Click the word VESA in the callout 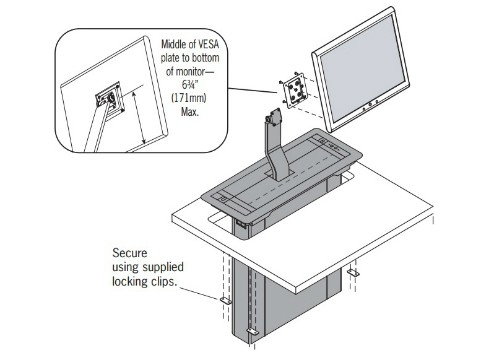click(x=208, y=44)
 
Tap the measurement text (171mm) click(x=189, y=98)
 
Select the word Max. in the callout click(x=190, y=112)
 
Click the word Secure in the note click(x=130, y=253)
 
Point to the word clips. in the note click(x=164, y=282)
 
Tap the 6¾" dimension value click(x=190, y=84)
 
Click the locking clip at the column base click(x=252, y=332)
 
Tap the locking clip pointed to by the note click(x=226, y=300)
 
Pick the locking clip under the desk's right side click(x=353, y=273)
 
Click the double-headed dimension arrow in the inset click(x=139, y=118)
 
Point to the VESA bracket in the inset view click(x=110, y=99)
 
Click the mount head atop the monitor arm click(x=274, y=117)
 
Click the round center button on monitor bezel click(x=370, y=104)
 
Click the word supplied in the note click(x=163, y=267)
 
